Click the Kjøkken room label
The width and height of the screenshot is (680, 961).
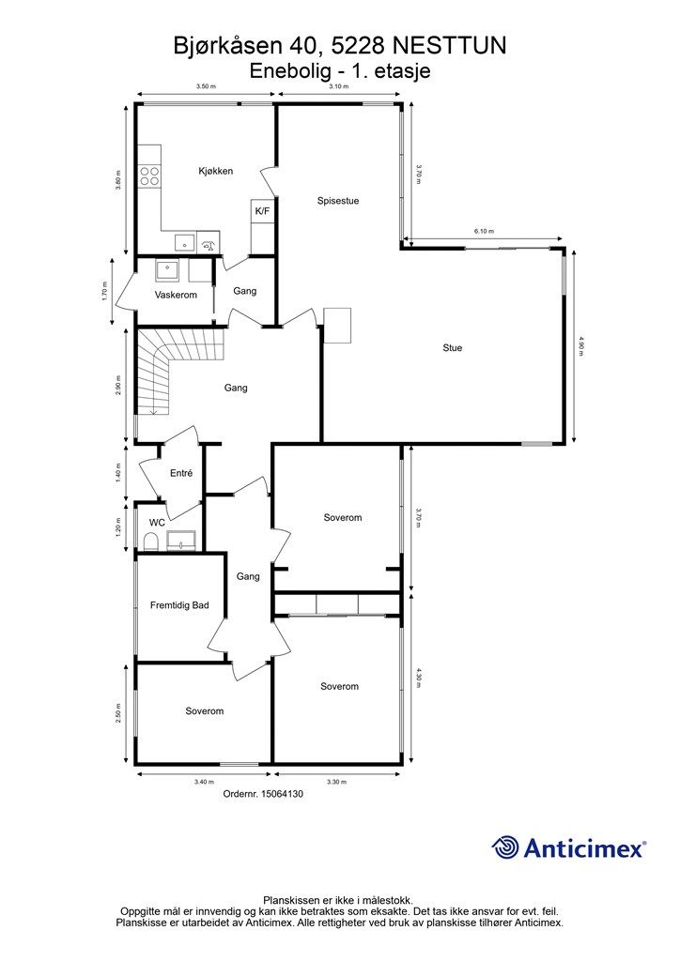tap(215, 171)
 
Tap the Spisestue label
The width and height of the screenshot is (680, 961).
tap(338, 201)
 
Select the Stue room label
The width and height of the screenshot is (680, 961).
tap(453, 347)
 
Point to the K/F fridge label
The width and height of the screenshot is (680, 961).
tap(262, 211)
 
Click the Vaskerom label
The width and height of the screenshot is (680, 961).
tap(176, 295)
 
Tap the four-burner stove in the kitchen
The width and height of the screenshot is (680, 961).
tap(149, 177)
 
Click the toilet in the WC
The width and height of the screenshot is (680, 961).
tap(150, 542)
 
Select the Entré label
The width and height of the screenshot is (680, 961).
tap(181, 473)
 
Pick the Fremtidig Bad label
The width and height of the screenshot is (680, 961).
tap(179, 605)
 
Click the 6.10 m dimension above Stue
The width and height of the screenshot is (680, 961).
tap(483, 232)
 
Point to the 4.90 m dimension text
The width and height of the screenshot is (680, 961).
tap(580, 346)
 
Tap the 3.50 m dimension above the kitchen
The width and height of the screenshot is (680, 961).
tap(206, 86)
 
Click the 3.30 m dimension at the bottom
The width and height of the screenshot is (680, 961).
tap(337, 782)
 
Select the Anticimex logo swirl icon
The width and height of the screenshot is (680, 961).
tap(506, 848)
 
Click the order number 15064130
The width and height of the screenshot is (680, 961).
tap(282, 794)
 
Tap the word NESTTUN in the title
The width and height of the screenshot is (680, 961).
tap(449, 46)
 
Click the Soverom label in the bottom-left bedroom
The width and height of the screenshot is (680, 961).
tap(204, 711)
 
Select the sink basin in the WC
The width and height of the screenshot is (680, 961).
tap(181, 541)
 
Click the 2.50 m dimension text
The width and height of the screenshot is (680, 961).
tap(119, 713)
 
